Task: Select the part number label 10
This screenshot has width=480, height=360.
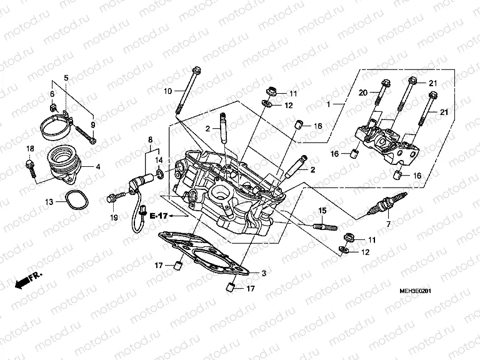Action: (x=167, y=92)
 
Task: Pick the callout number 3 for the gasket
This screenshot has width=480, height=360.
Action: (x=264, y=273)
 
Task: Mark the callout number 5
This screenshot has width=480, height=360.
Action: (x=66, y=77)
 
